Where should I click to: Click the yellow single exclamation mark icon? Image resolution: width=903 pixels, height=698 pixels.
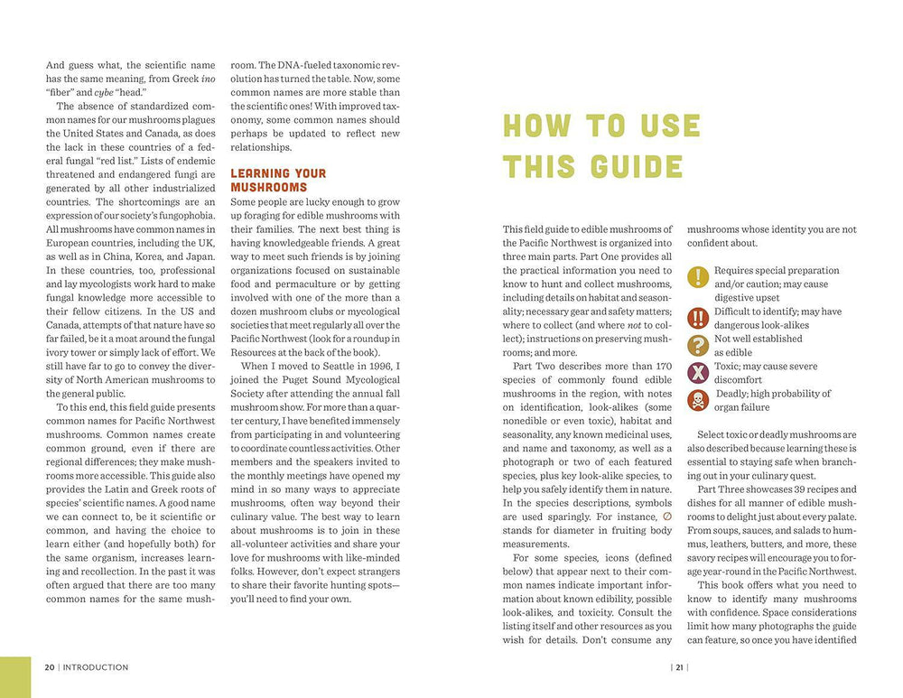click(x=698, y=277)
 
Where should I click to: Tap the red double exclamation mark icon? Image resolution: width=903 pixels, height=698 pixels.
click(x=698, y=318)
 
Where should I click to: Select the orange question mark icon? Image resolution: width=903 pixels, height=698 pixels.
click(x=698, y=345)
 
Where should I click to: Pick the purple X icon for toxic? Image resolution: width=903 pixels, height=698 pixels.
click(x=698, y=372)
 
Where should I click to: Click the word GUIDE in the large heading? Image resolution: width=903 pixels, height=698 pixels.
click(x=638, y=167)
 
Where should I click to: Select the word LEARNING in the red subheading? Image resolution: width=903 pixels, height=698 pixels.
click(x=262, y=173)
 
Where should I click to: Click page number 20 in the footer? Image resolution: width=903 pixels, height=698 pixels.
click(x=50, y=667)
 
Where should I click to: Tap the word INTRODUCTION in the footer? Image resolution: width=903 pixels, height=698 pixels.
click(x=96, y=667)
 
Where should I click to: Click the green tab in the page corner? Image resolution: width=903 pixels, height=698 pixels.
click(x=14, y=677)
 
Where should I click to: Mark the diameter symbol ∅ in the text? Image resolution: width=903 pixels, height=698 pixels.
click(x=666, y=517)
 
